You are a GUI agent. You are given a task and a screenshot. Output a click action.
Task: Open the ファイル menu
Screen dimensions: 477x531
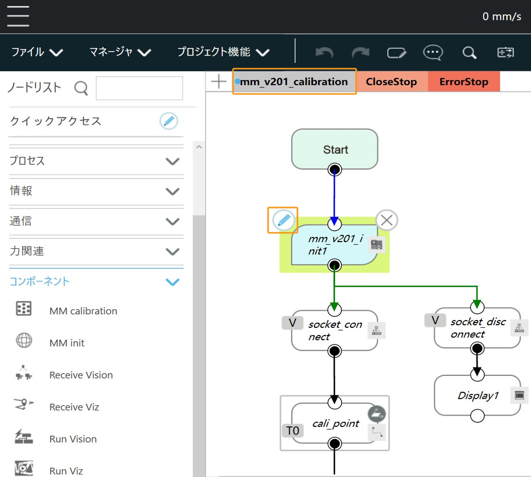pyautogui.click(x=37, y=52)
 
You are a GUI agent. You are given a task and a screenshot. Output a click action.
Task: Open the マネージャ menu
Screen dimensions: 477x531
pyautogui.click(x=120, y=52)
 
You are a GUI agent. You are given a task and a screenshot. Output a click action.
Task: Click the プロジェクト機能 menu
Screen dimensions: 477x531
pyautogui.click(x=223, y=52)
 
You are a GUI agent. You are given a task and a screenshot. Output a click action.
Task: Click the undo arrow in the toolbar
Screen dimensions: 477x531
pyautogui.click(x=324, y=52)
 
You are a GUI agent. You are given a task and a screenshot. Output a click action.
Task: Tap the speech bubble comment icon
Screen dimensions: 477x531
pyautogui.click(x=433, y=52)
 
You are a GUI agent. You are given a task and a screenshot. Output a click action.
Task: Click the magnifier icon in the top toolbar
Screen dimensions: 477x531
pyautogui.click(x=469, y=52)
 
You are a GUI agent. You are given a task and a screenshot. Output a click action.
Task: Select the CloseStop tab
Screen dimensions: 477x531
pyautogui.click(x=391, y=82)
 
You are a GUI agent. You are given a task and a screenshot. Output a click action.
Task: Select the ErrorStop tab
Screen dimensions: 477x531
pyautogui.click(x=463, y=82)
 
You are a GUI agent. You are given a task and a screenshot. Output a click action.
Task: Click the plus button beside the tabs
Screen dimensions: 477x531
pyautogui.click(x=219, y=82)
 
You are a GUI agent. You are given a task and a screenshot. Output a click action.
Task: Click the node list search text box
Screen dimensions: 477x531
pyautogui.click(x=139, y=88)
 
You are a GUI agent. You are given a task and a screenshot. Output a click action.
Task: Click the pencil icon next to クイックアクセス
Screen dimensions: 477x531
pyautogui.click(x=169, y=121)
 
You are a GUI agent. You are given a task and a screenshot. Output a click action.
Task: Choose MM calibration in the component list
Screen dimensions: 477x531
pyautogui.click(x=83, y=311)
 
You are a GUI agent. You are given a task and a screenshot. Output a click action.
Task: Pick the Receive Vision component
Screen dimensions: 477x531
pyautogui.click(x=81, y=375)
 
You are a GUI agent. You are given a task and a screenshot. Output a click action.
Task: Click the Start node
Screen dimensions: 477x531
pyautogui.click(x=335, y=149)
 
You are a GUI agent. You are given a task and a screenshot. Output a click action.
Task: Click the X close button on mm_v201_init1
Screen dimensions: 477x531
pyautogui.click(x=387, y=220)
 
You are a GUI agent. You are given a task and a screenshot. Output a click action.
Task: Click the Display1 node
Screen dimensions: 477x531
pyautogui.click(x=477, y=395)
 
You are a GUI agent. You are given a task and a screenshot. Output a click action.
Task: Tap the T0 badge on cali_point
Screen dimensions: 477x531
pyautogui.click(x=292, y=430)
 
